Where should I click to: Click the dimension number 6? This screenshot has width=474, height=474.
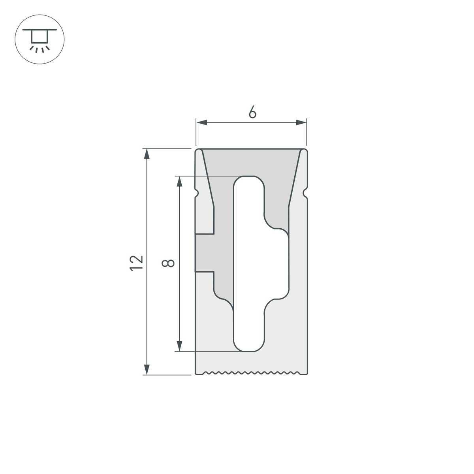(x=252, y=113)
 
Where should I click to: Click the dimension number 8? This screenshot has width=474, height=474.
(x=169, y=263)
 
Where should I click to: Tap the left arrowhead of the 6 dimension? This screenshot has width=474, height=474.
(x=201, y=123)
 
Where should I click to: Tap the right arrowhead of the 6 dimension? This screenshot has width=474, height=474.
(x=302, y=123)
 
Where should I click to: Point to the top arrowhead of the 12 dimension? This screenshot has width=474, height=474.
(x=147, y=154)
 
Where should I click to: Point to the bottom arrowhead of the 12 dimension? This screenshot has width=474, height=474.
(x=147, y=370)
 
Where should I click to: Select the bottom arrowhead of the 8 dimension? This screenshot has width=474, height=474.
(x=180, y=346)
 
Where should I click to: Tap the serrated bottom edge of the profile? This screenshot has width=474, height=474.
(x=251, y=372)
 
